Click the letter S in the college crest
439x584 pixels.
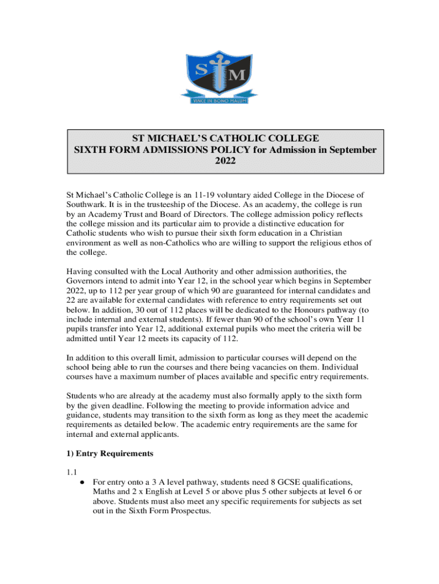click(x=200, y=71)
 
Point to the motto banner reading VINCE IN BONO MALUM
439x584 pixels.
click(x=219, y=98)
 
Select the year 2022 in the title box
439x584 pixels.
click(x=225, y=161)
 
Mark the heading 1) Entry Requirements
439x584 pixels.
click(x=110, y=454)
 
